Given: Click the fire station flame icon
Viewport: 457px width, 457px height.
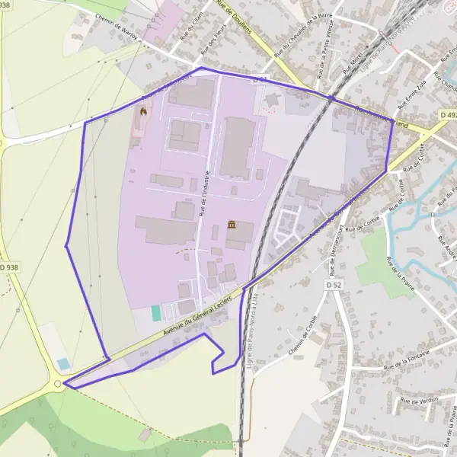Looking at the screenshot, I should pos(142,113).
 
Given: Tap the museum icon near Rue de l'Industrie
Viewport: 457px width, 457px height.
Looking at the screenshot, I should pos(232,225).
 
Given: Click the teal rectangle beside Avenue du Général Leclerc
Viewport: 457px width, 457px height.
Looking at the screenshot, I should pos(156,313).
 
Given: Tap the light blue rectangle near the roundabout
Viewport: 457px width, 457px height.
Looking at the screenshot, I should pos(63,364).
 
